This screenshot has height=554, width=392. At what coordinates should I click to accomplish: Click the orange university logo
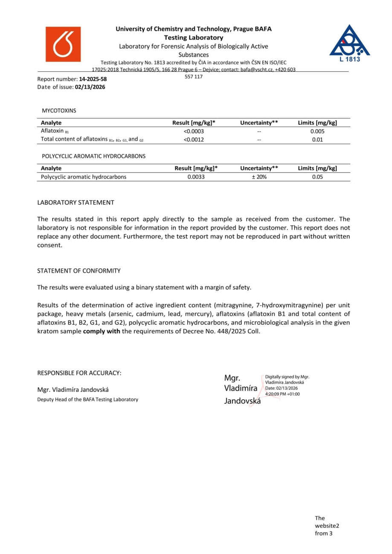pyautogui.click(x=63, y=44)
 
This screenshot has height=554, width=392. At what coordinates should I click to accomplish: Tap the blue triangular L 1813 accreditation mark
pyautogui.click(x=350, y=43)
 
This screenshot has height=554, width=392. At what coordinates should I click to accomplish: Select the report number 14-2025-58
pyautogui.click(x=93, y=79)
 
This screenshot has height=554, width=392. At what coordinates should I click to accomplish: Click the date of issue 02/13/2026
pyautogui.click(x=90, y=87)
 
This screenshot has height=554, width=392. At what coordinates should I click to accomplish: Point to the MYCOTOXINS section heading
pyautogui.click(x=59, y=111)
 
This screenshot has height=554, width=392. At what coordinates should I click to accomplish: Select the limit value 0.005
pyautogui.click(x=317, y=131)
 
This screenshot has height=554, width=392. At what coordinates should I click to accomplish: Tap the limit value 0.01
pyautogui.click(x=317, y=139)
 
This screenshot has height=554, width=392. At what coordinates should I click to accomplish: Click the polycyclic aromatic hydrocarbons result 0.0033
pyautogui.click(x=196, y=177)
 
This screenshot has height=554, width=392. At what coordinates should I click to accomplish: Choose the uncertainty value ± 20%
pyautogui.click(x=259, y=177)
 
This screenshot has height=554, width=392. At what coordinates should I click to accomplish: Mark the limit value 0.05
pyautogui.click(x=317, y=177)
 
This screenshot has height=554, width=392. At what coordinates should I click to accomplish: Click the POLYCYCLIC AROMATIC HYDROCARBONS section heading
pyautogui.click(x=93, y=156)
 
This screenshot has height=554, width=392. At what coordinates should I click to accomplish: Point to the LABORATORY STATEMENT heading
pyautogui.click(x=75, y=202)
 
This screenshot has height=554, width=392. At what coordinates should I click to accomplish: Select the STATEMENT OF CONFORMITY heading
pyautogui.click(x=79, y=271)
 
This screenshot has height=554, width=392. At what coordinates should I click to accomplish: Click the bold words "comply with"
pyautogui.click(x=102, y=331)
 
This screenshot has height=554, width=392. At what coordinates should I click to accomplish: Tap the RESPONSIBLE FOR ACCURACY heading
pyautogui.click(x=79, y=373)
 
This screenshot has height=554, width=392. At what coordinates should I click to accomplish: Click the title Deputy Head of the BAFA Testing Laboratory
pyautogui.click(x=88, y=400)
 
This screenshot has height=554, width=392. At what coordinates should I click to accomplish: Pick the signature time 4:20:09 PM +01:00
pyautogui.click(x=282, y=394)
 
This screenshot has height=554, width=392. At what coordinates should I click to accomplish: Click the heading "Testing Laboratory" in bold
pyautogui.click(x=194, y=38)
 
